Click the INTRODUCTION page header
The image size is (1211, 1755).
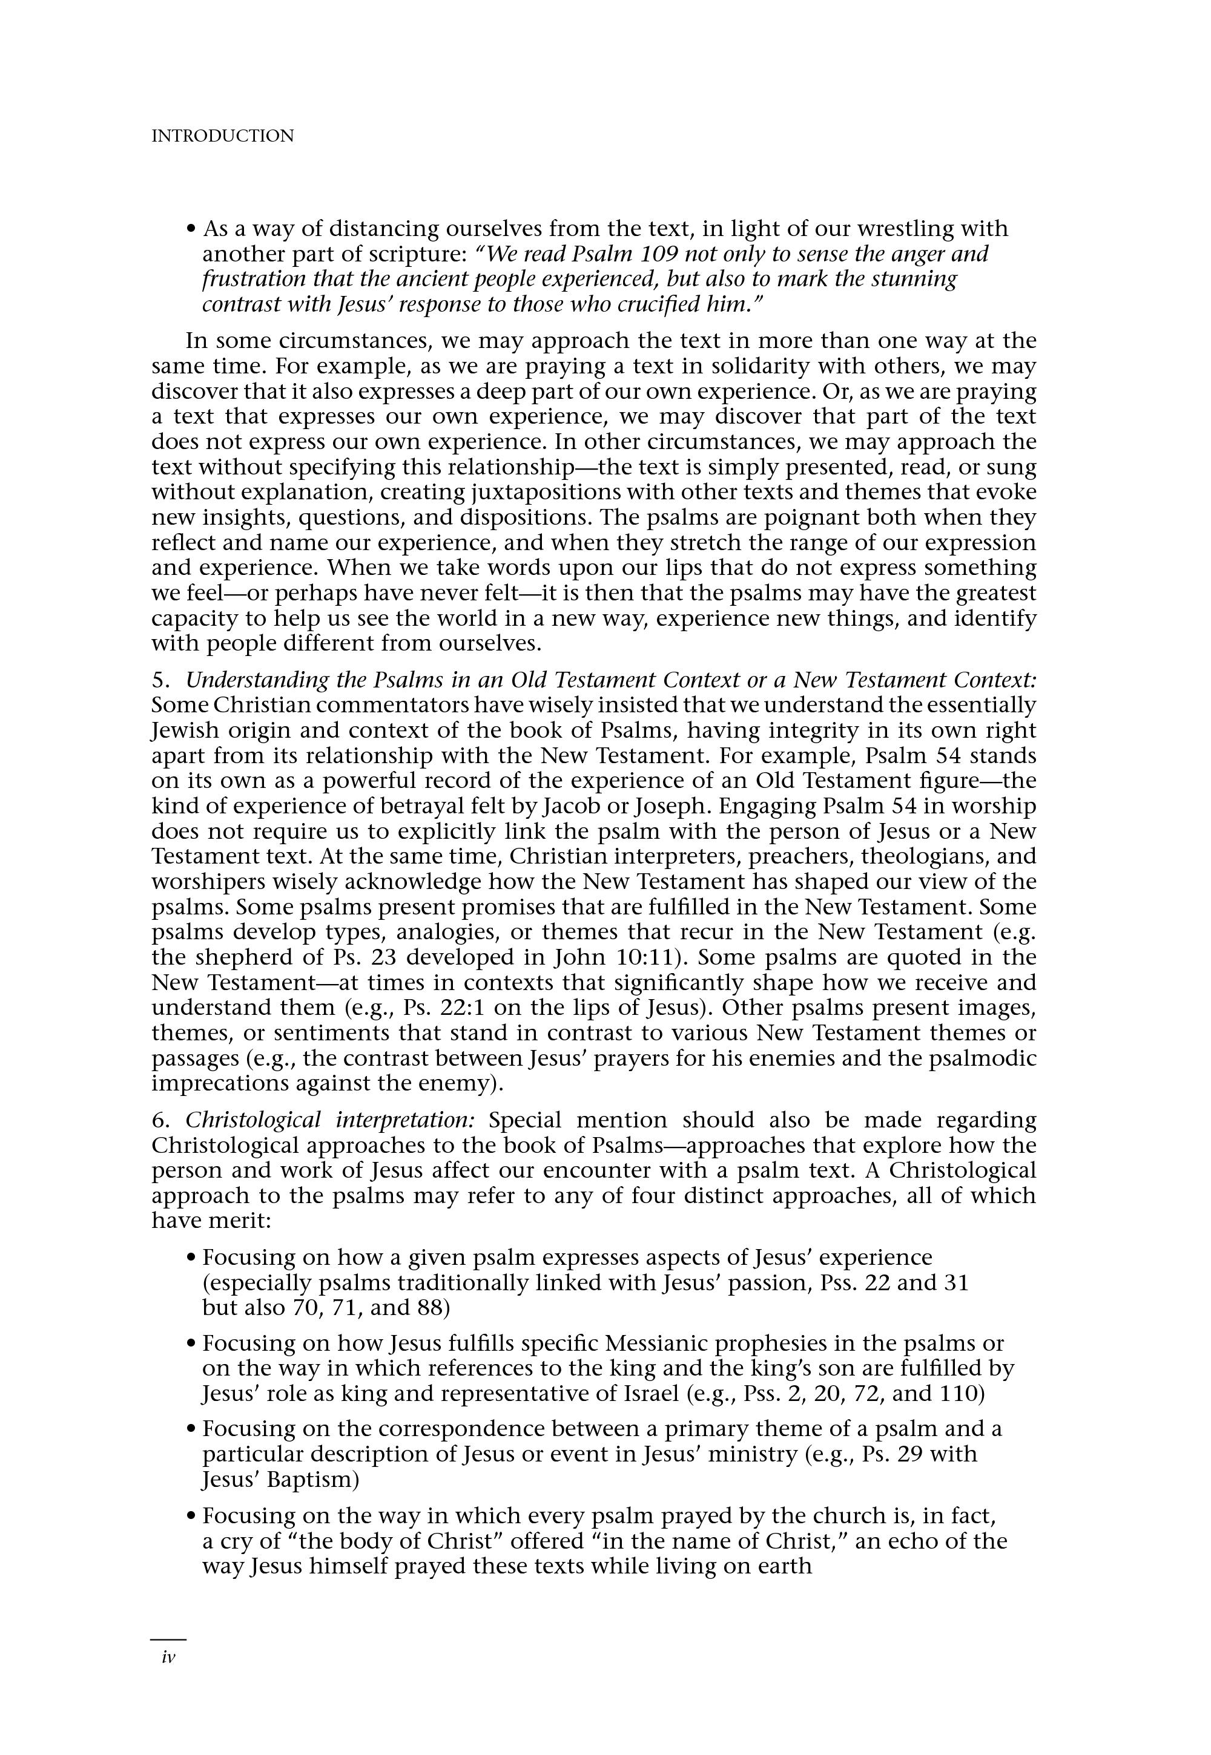222,137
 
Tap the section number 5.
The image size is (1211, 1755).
157,680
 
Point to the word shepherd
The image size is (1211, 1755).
251,958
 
